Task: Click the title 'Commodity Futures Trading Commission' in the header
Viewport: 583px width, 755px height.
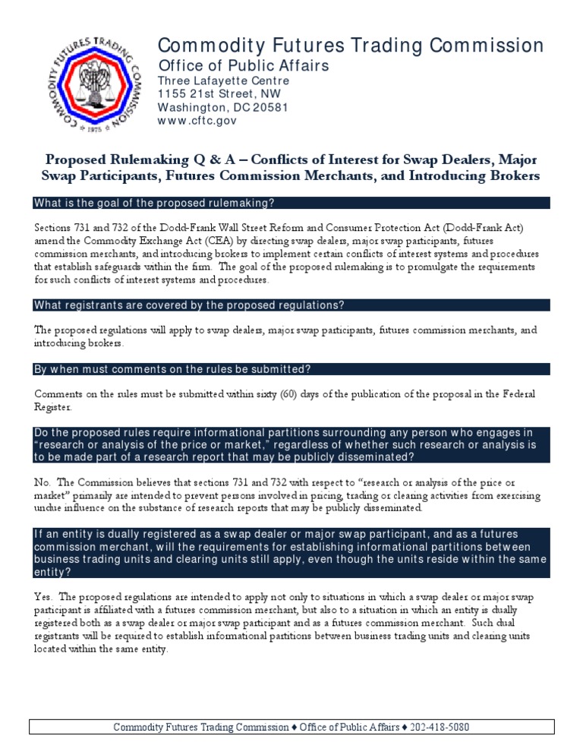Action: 351,46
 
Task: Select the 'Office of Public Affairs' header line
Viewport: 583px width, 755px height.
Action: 243,66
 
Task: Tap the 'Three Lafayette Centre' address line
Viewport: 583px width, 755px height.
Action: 223,81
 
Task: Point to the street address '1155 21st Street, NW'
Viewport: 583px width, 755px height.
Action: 219,94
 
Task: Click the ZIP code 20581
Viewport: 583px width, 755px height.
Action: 272,107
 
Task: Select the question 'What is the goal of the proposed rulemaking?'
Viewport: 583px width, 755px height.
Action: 154,203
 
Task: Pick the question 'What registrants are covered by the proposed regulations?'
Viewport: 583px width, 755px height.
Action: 189,305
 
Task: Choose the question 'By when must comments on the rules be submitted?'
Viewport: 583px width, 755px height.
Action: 172,369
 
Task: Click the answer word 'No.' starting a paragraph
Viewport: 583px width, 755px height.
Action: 43,482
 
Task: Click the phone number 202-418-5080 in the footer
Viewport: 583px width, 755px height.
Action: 440,727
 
